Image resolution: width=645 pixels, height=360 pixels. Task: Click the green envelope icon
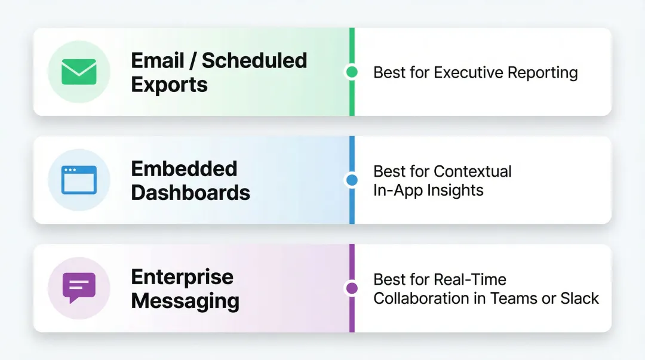[x=79, y=72]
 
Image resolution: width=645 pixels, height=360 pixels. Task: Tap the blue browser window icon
[x=79, y=180]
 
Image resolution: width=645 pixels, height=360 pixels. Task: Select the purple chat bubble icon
[x=79, y=288]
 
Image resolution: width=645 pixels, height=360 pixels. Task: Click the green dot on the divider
[x=352, y=72]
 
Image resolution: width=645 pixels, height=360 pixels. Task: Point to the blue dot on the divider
[x=352, y=180]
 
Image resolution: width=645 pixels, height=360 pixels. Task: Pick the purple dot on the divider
[x=352, y=288]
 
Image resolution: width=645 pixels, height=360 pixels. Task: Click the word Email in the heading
[x=158, y=60]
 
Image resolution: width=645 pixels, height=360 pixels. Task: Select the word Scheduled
[x=254, y=60]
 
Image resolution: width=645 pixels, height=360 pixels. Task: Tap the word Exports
[x=169, y=85]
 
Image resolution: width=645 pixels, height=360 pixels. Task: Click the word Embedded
[x=184, y=168]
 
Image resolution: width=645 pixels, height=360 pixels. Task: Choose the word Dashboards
[x=191, y=193]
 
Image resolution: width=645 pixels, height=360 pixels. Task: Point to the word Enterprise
[x=182, y=277]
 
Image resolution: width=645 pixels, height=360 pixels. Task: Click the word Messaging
[x=185, y=301]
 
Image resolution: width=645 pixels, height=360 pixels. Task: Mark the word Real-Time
[x=470, y=279]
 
